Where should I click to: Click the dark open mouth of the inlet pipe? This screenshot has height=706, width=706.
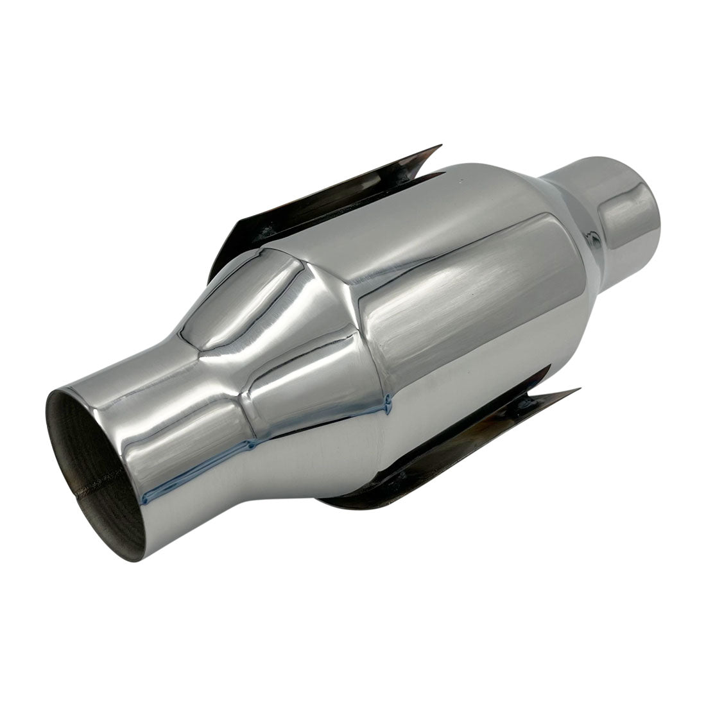pos(90,462)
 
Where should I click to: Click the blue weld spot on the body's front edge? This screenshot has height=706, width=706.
pos(387,403)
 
